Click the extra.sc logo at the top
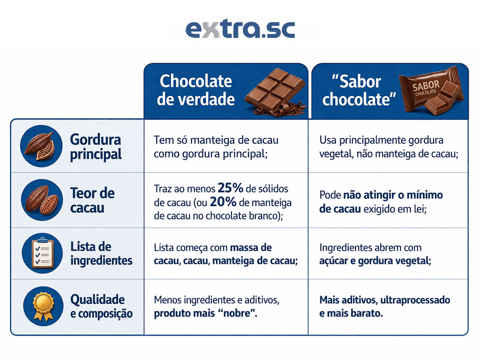click(240, 29)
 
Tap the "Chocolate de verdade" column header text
click(195, 90)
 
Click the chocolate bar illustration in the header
click(275, 91)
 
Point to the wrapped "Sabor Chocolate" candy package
click(434, 91)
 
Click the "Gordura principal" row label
click(96, 146)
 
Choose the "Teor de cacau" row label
click(92, 200)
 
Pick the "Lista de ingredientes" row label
click(101, 253)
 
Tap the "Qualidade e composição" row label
click(101, 306)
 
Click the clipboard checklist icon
click(41, 253)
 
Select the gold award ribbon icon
click(41, 306)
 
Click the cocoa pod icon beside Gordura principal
click(41, 146)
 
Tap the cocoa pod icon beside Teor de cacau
click(41, 200)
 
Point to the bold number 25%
click(230, 188)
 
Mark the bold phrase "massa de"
click(251, 247)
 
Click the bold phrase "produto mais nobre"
click(205, 314)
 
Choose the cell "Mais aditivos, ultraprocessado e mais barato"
click(384, 307)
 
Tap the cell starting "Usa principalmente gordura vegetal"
click(388, 146)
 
